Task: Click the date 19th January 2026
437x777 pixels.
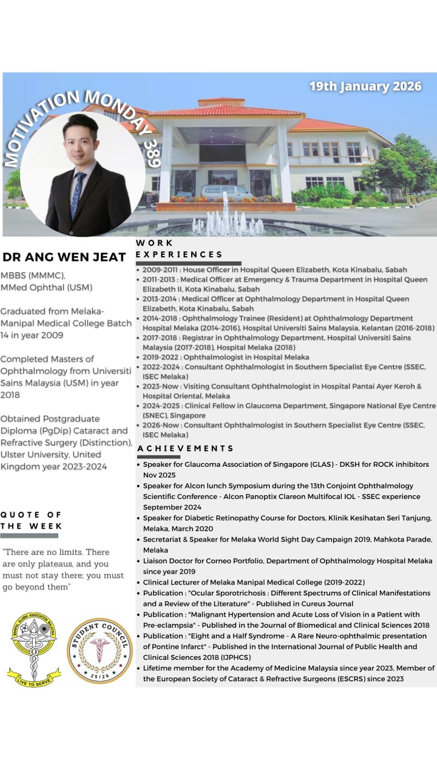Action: coord(365,86)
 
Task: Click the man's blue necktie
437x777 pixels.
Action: coord(78,195)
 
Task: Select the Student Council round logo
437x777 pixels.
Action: coord(99,650)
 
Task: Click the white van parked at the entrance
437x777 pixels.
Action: coord(227,192)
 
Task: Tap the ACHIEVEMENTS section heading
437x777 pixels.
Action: coord(185,448)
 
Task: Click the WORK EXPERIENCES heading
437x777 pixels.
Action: coord(179,249)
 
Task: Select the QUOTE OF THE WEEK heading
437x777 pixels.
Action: coord(32,520)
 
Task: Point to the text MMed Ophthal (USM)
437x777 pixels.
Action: coord(47,287)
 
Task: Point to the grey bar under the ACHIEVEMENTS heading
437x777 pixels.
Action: coord(158,456)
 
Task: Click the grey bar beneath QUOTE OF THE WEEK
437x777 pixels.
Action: coord(29,535)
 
